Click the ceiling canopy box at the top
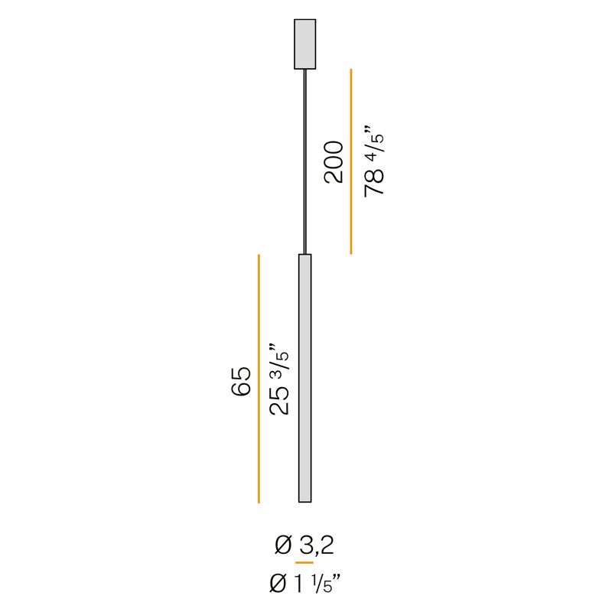pyautogui.click(x=304, y=44)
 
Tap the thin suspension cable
pyautogui.click(x=304, y=161)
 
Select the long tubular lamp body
pyautogui.click(x=304, y=378)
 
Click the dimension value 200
pyautogui.click(x=334, y=162)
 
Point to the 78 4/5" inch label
pyautogui.click(x=374, y=161)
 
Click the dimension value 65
pyautogui.click(x=241, y=381)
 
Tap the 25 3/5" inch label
pyautogui.click(x=279, y=379)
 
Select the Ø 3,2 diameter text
pyautogui.click(x=304, y=545)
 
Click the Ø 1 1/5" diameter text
pyautogui.click(x=305, y=584)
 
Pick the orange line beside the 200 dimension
pyautogui.click(x=351, y=161)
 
